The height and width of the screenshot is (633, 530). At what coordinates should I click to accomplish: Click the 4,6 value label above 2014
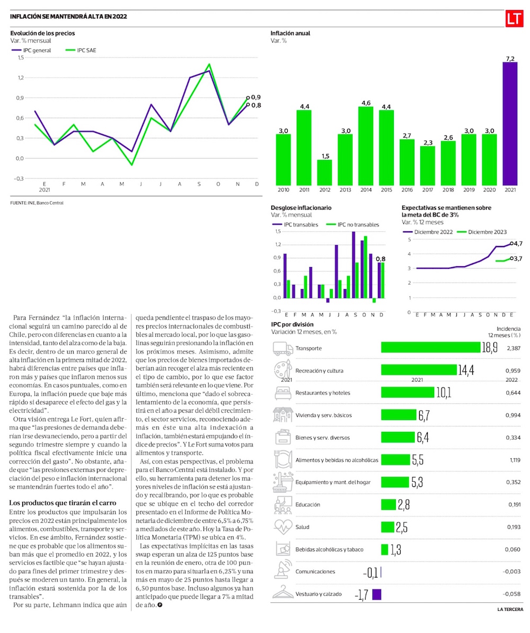365,103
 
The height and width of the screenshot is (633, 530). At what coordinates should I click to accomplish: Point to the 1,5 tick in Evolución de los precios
20,58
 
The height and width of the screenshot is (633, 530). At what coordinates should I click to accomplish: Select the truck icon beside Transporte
282,348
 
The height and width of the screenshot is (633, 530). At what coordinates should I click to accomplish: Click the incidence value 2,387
514,348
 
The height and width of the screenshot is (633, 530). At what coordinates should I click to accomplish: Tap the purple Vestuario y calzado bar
377,594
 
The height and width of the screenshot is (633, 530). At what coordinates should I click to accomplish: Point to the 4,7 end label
518,243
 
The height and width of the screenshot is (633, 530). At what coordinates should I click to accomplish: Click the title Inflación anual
290,33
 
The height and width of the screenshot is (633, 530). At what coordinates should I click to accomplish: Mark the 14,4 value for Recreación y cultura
466,370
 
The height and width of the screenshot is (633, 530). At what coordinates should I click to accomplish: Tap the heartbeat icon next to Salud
282,527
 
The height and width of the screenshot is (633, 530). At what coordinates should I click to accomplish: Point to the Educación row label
307,504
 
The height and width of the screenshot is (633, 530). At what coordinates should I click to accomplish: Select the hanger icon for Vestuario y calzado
282,593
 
